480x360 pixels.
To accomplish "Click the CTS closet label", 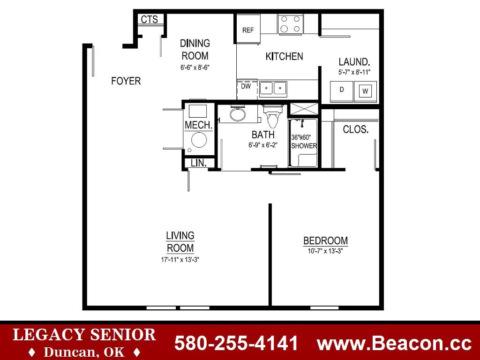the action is click(x=150, y=19).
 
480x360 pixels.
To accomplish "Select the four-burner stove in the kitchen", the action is click(x=291, y=24).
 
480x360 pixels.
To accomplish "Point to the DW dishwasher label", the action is click(x=246, y=86).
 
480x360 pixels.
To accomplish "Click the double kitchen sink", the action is click(x=273, y=89).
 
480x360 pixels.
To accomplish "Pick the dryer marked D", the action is click(x=342, y=91).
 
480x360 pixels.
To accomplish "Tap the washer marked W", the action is click(x=365, y=91).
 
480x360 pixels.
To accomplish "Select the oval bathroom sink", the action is click(x=238, y=115).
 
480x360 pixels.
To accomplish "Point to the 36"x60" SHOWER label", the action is click(x=304, y=142).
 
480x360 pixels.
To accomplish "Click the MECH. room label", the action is click(x=199, y=125).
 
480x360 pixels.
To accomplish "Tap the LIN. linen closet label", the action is click(x=199, y=163).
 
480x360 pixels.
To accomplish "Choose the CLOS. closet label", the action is click(x=356, y=129).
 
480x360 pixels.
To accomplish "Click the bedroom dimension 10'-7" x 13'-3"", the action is click(x=325, y=251).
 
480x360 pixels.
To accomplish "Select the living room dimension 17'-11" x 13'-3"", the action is click(x=180, y=260).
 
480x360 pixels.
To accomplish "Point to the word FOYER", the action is click(x=126, y=81).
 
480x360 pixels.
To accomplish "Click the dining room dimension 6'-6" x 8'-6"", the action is click(x=195, y=67).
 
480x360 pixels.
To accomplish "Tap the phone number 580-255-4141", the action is click(x=236, y=343).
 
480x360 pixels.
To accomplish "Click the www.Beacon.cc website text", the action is click(x=394, y=344).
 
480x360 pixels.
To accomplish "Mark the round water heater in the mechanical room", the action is click(x=199, y=140).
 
